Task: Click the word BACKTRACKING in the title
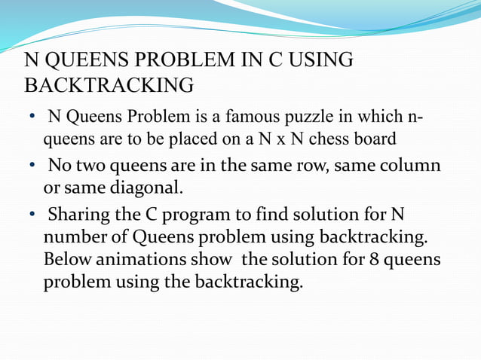tap(109, 85)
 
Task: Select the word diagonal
tap(142, 185)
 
